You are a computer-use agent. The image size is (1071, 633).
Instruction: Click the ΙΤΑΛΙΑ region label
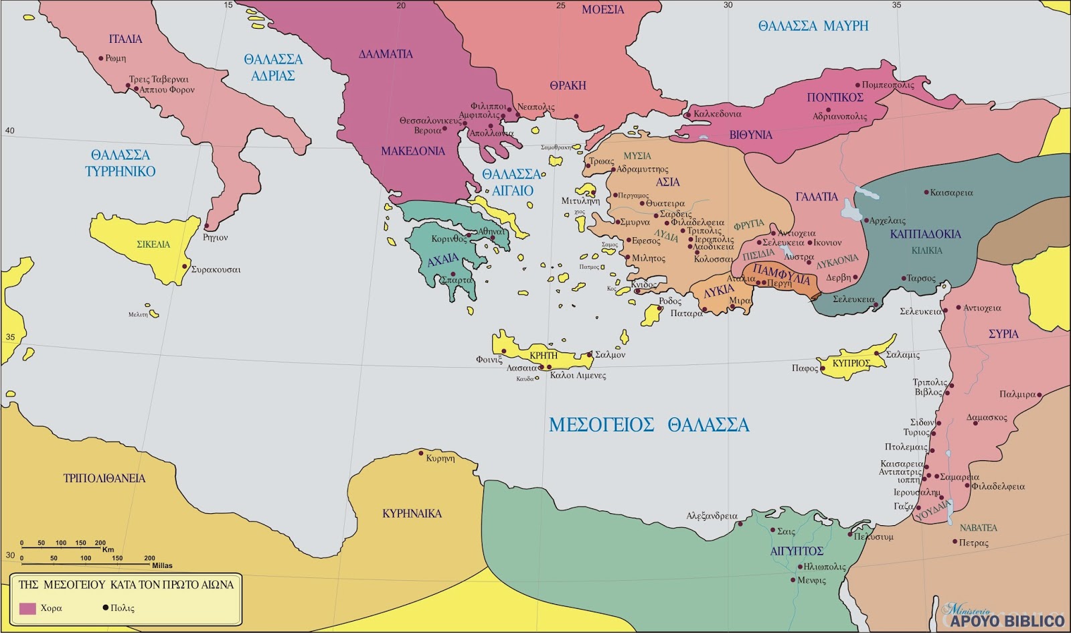click(125, 39)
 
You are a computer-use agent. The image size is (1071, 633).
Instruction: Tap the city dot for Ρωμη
click(101, 58)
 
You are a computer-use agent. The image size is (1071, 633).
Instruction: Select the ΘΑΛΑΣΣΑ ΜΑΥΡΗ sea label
click(813, 26)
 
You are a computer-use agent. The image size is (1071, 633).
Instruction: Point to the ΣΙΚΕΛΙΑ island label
click(153, 244)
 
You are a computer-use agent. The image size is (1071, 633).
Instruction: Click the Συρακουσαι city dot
click(185, 267)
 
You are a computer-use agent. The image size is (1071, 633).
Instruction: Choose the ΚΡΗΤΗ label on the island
click(543, 355)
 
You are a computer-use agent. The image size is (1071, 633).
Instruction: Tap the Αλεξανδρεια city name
click(712, 516)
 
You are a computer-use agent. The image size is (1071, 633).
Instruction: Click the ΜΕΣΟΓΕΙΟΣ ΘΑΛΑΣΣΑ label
click(649, 425)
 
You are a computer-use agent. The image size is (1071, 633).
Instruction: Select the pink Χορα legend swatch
click(27, 608)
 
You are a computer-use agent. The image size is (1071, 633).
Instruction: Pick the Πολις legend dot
click(105, 608)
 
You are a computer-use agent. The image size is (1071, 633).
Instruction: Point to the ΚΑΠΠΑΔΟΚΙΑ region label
click(925, 234)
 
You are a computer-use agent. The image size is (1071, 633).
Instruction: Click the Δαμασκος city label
click(987, 417)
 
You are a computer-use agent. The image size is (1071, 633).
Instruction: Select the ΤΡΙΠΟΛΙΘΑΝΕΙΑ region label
click(104, 478)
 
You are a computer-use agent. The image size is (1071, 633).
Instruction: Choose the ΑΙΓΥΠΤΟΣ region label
click(797, 551)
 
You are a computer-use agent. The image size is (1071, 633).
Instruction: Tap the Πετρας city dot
click(954, 541)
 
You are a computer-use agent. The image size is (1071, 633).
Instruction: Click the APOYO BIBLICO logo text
click(1007, 620)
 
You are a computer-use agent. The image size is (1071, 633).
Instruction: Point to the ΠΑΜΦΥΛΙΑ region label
click(781, 273)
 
